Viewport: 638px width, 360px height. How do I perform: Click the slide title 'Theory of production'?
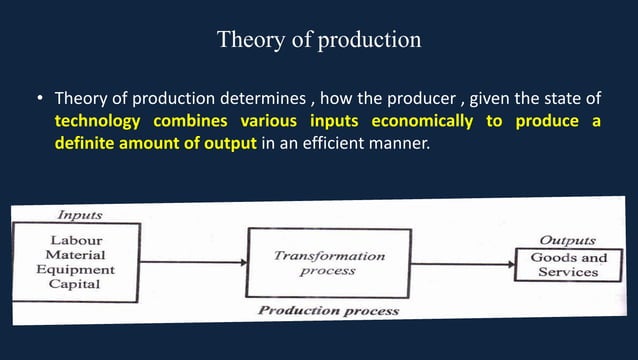pos(319,40)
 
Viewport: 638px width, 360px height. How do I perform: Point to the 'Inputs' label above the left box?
pos(79,215)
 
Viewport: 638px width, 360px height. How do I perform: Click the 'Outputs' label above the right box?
pos(568,240)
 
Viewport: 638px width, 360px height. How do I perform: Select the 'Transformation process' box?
pos(328,263)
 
